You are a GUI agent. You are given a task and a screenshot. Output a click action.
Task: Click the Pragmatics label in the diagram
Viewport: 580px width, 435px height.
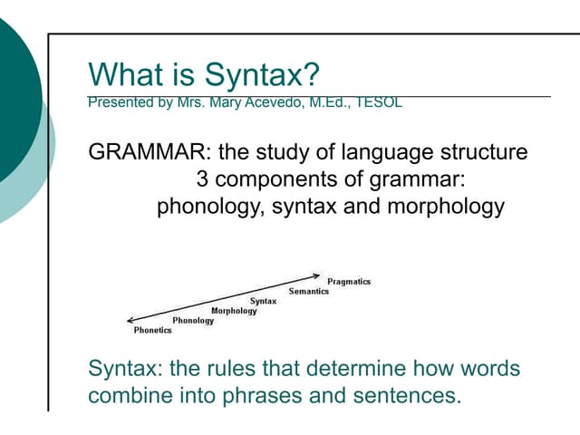tap(349, 282)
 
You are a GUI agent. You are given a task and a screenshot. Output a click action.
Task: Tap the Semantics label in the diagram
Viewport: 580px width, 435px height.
tap(309, 291)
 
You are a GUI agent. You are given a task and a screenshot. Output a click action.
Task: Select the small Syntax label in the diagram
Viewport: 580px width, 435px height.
tap(263, 301)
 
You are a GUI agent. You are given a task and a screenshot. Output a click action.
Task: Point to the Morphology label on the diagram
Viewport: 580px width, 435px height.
tap(234, 311)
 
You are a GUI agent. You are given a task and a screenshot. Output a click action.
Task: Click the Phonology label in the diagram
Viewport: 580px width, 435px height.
tap(193, 321)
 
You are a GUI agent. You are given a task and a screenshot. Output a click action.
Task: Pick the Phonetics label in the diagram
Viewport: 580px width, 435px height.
tap(152, 331)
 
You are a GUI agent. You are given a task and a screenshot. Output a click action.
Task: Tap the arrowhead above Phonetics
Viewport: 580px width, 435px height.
tap(130, 320)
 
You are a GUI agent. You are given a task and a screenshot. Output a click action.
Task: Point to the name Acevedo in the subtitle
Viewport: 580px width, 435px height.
tap(275, 102)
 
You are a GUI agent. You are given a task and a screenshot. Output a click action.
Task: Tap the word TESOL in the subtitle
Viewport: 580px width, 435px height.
tap(380, 102)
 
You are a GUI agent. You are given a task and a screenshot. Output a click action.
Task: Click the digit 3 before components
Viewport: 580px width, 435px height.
tap(202, 179)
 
